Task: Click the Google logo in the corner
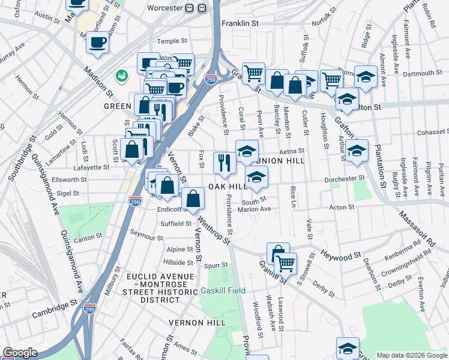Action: pos(20,353)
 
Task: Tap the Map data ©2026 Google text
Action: pos(412,355)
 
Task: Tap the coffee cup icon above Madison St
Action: pos(97,42)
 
